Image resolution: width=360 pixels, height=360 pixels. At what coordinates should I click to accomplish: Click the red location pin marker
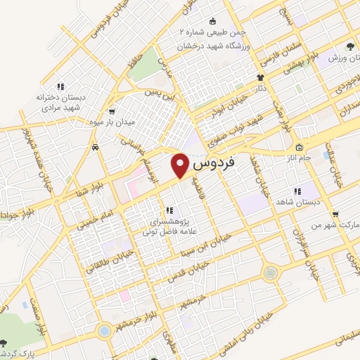coord(181,165)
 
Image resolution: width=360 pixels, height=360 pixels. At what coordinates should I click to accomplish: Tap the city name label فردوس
coord(212,166)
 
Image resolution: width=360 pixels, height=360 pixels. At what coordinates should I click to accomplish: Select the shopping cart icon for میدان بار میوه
coord(112,111)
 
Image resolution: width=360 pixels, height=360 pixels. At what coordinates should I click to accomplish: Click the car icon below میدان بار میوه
coord(94,148)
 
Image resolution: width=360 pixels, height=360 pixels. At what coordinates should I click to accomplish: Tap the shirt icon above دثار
coord(260,77)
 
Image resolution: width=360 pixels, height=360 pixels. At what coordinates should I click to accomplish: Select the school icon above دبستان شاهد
coord(297,191)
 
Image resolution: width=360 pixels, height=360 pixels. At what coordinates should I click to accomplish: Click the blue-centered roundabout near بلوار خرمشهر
coord(104,330)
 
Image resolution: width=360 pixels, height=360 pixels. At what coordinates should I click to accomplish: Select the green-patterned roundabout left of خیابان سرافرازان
coord(271,273)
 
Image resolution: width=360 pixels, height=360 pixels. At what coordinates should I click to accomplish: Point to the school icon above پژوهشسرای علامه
coord(169,210)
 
